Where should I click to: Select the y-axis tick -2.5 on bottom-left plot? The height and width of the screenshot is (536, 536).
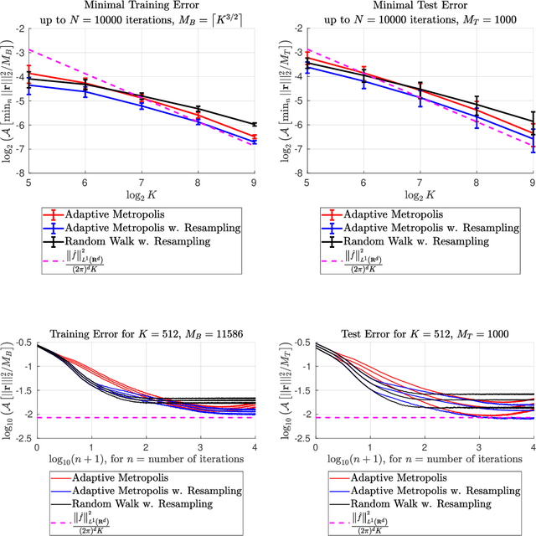coord(19,438)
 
